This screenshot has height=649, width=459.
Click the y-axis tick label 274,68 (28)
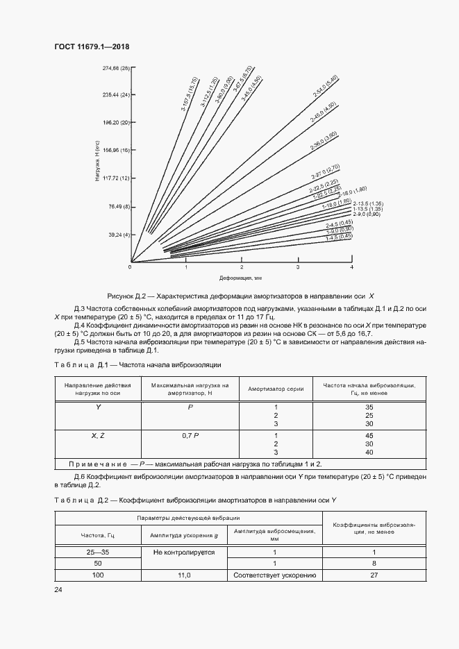tap(116, 68)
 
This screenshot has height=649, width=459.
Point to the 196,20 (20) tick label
tap(116, 123)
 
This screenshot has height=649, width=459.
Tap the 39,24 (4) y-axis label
tap(118, 235)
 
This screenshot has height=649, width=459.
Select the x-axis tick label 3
tap(298, 267)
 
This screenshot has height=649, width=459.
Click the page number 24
tap(58, 589)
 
